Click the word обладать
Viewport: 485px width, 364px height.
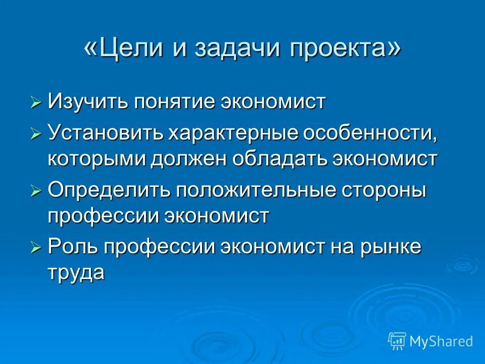(279, 159)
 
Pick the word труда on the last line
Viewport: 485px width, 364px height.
(76, 273)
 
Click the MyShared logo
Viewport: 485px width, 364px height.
(430, 341)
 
